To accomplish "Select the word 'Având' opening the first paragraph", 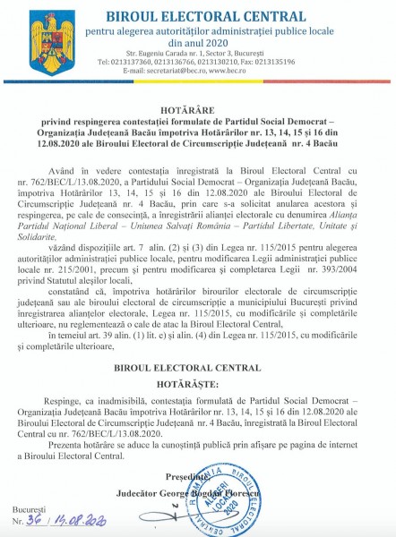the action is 88,166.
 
